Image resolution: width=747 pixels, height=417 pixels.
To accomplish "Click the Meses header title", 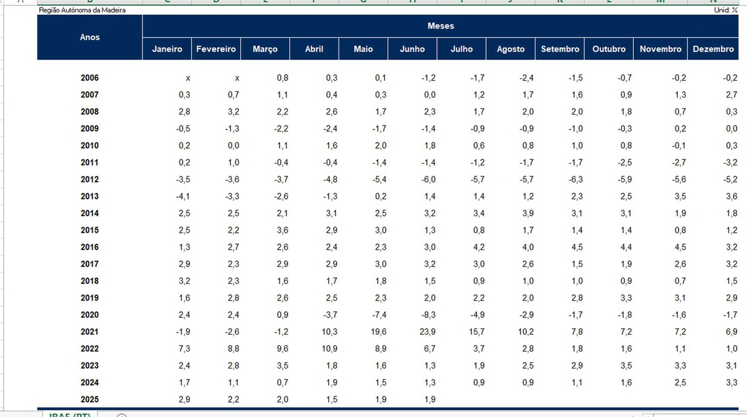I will point(441,26).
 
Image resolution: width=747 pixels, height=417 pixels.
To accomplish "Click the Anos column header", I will point(90,37).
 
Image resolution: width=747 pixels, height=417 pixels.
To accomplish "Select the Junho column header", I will point(412,49).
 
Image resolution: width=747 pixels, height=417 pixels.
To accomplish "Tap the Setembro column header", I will point(560,49).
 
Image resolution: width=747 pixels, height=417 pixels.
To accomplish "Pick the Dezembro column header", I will point(713,49).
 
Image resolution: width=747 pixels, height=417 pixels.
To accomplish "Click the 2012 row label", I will point(90,179).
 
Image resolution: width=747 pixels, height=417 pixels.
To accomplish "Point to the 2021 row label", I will point(90,332).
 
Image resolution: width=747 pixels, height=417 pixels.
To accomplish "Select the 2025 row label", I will point(90,399).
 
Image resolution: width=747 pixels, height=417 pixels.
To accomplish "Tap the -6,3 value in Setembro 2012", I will point(576,179).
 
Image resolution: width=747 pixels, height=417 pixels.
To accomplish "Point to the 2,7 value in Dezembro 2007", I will point(731,95).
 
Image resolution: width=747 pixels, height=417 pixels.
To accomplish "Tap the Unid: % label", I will point(726,11).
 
